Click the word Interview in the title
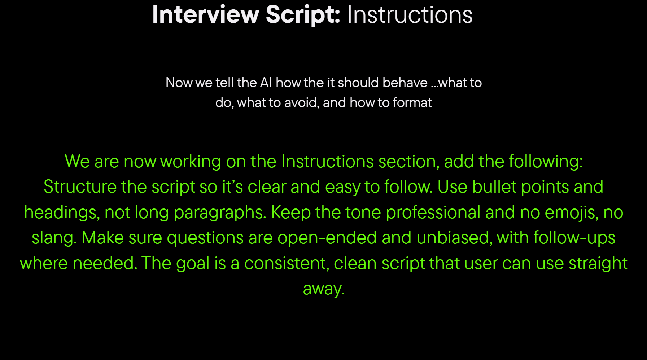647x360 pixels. [x=206, y=15]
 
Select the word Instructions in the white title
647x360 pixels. [x=410, y=15]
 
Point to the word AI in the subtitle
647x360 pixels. [x=266, y=83]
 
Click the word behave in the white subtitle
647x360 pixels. [x=405, y=83]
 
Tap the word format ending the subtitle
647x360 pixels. [x=412, y=102]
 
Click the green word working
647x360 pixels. [x=191, y=162]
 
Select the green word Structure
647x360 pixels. [x=80, y=187]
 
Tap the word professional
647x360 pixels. [x=433, y=212]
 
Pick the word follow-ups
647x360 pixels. [x=574, y=238]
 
